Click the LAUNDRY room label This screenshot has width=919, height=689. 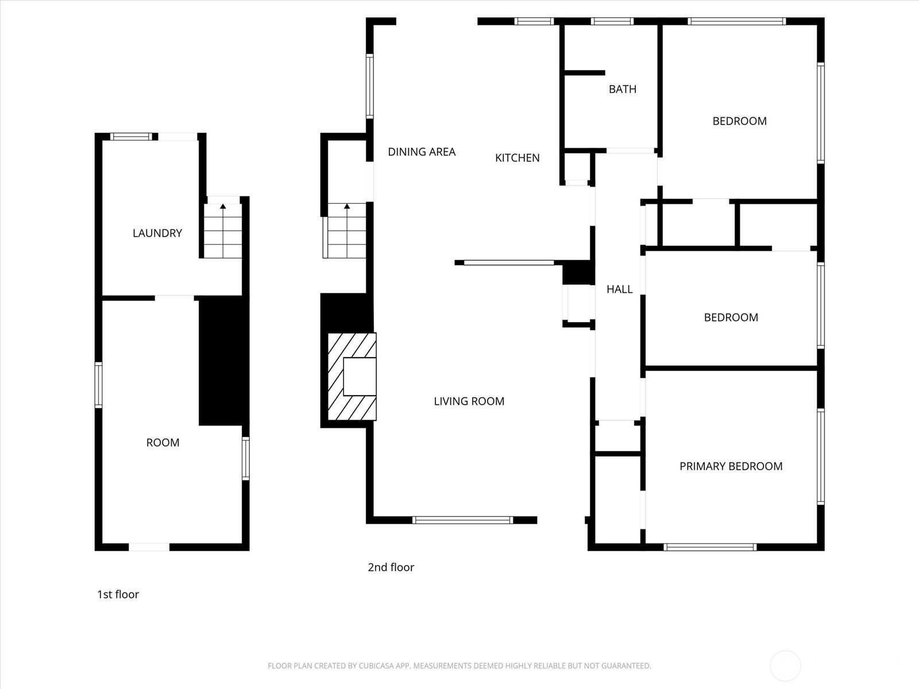[x=157, y=233]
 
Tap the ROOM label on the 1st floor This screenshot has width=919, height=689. [x=163, y=443]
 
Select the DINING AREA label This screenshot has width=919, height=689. [x=422, y=152]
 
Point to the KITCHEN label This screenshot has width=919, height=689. [x=518, y=158]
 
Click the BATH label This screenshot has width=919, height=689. [x=623, y=89]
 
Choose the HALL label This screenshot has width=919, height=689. [x=620, y=289]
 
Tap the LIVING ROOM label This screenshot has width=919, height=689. [x=469, y=401]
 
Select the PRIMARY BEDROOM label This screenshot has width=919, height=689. [x=731, y=466]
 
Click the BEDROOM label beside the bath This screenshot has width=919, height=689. [x=740, y=121]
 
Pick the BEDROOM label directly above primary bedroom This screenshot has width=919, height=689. [x=731, y=317]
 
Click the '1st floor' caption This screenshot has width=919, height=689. [x=118, y=594]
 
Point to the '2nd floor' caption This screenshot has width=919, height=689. [x=391, y=567]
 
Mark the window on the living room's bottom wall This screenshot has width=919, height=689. [x=462, y=520]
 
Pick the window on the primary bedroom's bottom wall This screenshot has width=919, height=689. [x=710, y=547]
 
